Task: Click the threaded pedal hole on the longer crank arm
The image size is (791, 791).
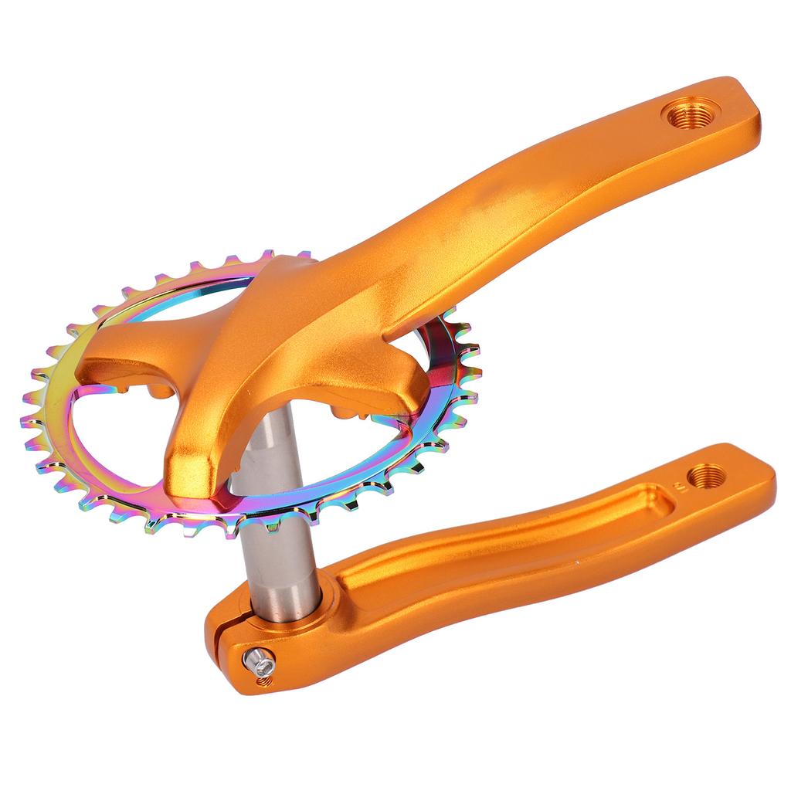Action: [x=691, y=115]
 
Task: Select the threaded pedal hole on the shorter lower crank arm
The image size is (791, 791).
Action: [x=705, y=476]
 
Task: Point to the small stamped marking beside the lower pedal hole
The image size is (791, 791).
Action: [x=679, y=487]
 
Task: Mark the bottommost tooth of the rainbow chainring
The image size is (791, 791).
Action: [x=232, y=532]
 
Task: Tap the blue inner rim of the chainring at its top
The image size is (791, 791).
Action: [x=193, y=286]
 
